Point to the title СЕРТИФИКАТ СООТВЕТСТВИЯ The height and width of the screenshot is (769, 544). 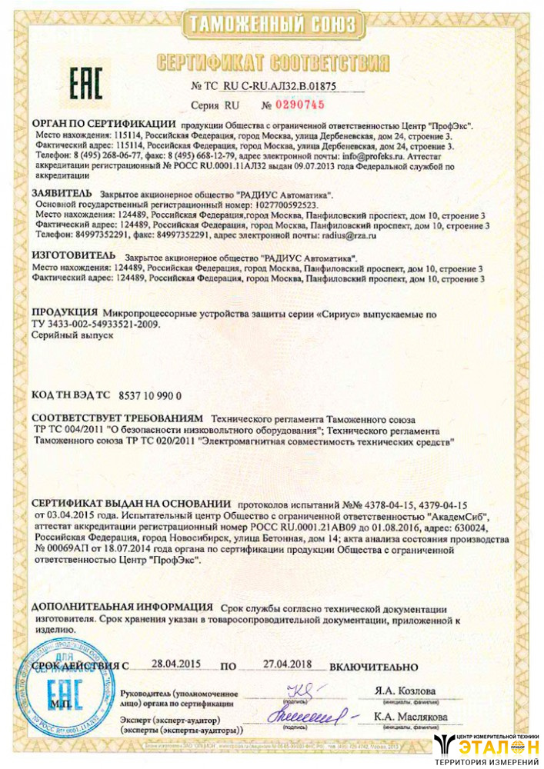tap(272, 62)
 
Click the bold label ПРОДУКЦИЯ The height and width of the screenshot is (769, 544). tap(65, 314)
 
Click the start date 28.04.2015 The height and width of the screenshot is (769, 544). tap(175, 663)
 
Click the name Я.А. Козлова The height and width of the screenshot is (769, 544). tap(405, 691)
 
